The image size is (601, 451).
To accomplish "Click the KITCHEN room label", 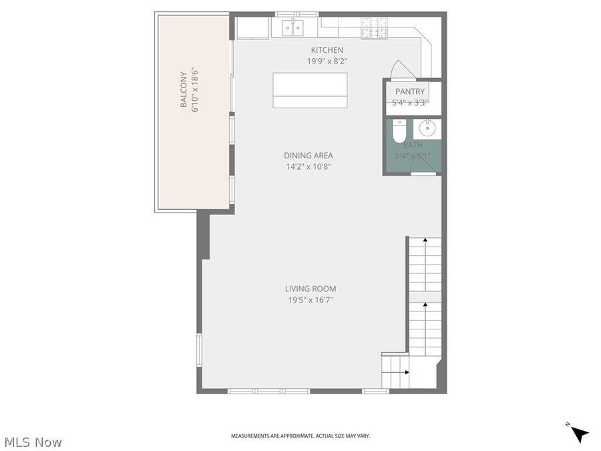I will (x=327, y=50).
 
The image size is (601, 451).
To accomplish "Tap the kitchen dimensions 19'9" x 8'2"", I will (x=327, y=61).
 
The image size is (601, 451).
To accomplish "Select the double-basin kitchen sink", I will (x=292, y=27).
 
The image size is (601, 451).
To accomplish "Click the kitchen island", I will (x=311, y=90).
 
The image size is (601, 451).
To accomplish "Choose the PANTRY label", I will (x=410, y=92).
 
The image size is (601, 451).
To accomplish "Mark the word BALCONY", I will (x=183, y=90).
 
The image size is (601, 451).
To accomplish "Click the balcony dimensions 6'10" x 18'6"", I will (x=196, y=90).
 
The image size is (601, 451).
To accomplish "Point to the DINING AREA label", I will (x=309, y=156).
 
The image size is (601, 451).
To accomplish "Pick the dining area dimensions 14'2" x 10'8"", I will (x=309, y=166).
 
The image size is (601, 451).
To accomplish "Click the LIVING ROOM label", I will (x=311, y=289).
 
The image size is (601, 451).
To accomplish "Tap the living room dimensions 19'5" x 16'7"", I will (x=311, y=300).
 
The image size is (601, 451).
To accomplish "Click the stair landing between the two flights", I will (x=425, y=296).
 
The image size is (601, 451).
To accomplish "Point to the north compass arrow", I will (x=580, y=434).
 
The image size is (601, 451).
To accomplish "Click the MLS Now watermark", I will (x=33, y=442).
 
